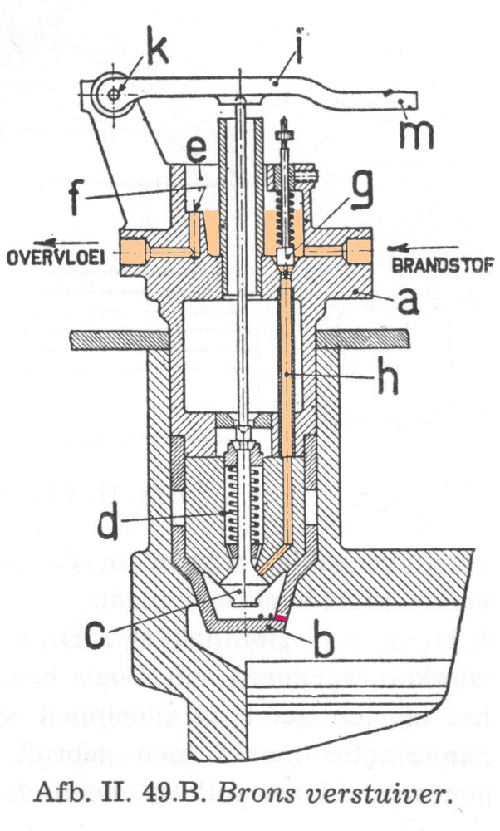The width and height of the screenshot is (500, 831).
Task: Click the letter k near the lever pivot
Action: (156, 49)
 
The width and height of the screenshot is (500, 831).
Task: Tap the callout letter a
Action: (406, 302)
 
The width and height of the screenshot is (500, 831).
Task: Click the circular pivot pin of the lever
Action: (114, 94)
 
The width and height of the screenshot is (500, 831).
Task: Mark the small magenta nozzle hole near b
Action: (283, 619)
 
